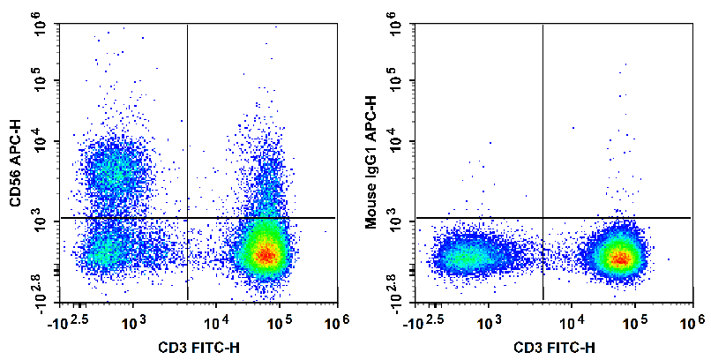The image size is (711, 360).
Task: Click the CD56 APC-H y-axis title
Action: click(x=16, y=165)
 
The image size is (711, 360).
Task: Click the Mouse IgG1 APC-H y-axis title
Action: click(x=372, y=165)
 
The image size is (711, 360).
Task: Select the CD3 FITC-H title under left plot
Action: click(x=198, y=348)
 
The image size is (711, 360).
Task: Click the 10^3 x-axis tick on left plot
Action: click(x=133, y=323)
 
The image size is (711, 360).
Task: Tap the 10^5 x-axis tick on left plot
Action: click(x=275, y=323)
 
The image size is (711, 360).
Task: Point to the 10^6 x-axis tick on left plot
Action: click(x=334, y=323)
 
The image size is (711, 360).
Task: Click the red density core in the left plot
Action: click(x=266, y=255)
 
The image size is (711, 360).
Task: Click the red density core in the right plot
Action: click(x=621, y=259)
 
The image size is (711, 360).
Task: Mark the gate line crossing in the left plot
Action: click(x=188, y=217)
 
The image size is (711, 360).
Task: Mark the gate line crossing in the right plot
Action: click(x=543, y=217)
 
